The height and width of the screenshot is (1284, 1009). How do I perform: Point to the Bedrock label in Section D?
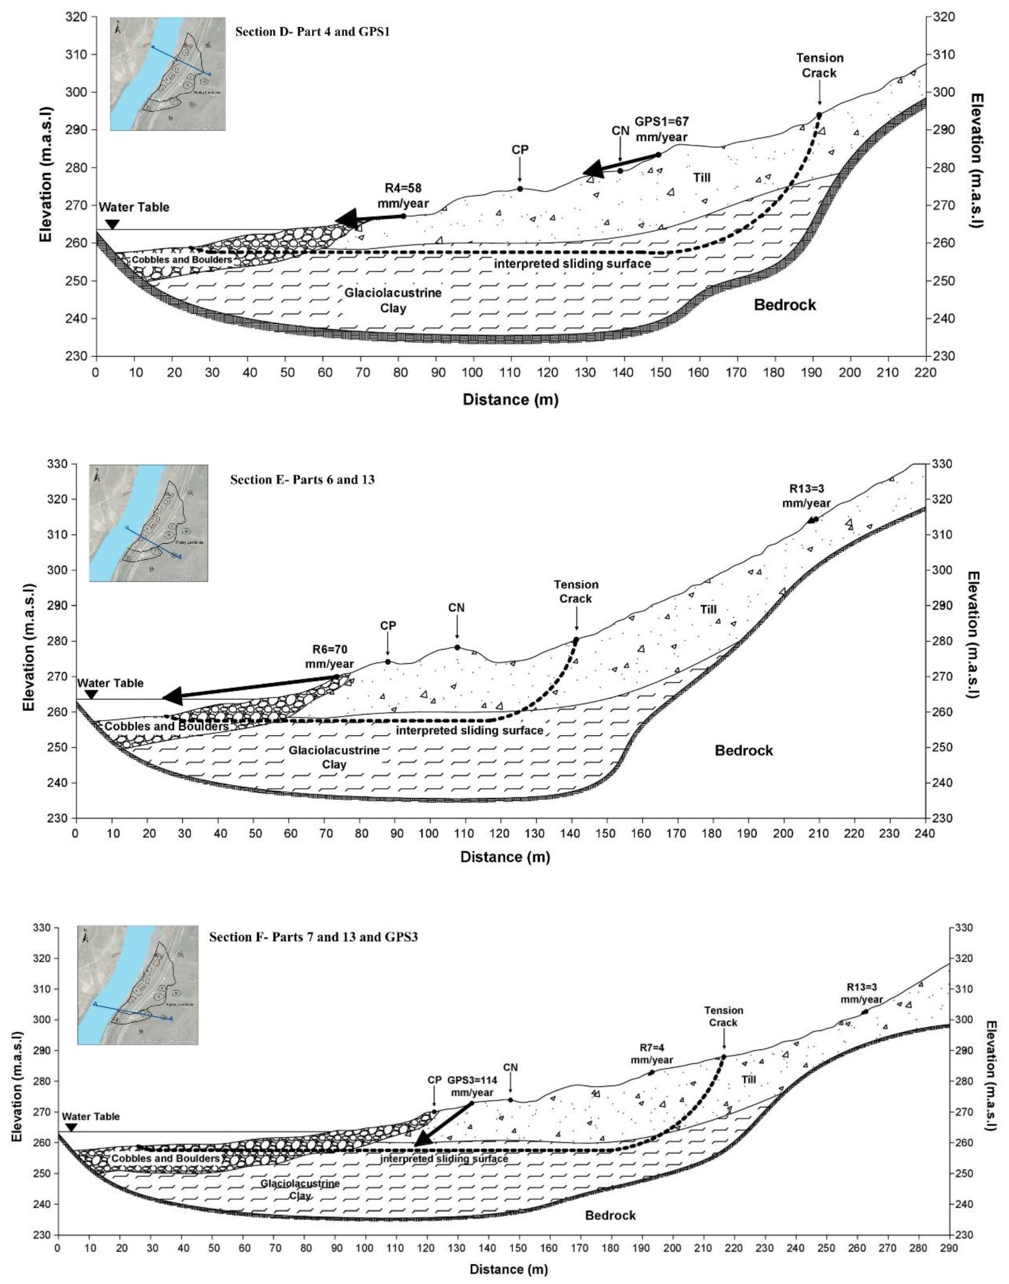(784, 305)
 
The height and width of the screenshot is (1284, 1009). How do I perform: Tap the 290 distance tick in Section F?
(949, 1248)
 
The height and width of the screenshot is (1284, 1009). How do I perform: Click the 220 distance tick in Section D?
(925, 372)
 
